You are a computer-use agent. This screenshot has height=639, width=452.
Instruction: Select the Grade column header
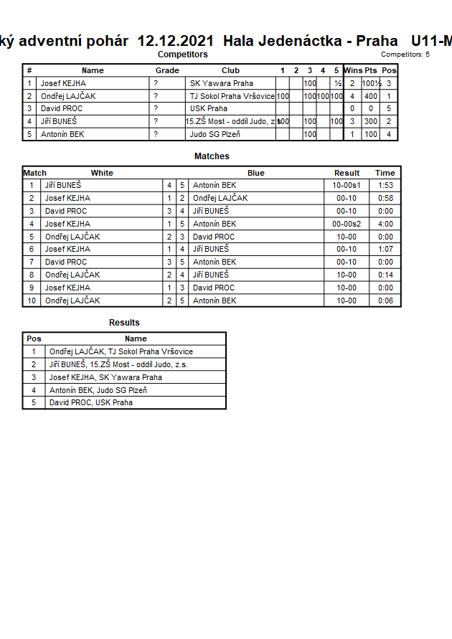tap(167, 70)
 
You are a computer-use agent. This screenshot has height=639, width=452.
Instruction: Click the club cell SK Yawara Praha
tap(221, 83)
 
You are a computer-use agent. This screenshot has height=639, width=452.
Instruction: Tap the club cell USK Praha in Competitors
tap(208, 108)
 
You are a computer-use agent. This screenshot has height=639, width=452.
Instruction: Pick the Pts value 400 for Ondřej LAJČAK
tap(370, 96)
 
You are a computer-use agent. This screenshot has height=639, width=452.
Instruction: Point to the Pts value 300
tap(370, 121)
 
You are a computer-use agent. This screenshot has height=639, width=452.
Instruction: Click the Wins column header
tap(353, 70)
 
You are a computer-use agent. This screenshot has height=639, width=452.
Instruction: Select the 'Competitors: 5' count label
tap(405, 55)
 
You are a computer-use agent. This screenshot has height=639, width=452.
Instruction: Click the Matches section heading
tap(212, 156)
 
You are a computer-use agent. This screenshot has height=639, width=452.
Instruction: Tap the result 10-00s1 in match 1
tap(347, 185)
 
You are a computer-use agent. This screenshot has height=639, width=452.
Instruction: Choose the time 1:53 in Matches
tap(385, 185)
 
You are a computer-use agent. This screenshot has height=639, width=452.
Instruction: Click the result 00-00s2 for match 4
tap(347, 224)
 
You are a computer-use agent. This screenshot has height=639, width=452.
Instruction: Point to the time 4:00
tap(385, 224)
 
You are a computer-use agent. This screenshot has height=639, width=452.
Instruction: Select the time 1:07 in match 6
tap(385, 249)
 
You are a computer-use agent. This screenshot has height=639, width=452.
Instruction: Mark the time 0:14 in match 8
tap(385, 275)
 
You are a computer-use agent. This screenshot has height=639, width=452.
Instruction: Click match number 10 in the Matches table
tap(32, 300)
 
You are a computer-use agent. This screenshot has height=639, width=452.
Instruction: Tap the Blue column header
tap(256, 173)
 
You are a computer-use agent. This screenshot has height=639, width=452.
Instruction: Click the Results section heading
tap(124, 323)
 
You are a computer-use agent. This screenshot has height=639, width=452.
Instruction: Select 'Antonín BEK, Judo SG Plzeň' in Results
tap(98, 390)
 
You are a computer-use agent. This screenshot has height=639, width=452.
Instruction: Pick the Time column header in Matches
tap(385, 173)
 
